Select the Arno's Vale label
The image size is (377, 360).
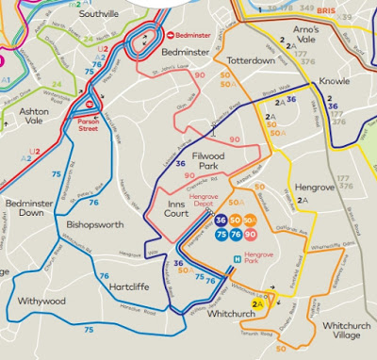click(305, 35)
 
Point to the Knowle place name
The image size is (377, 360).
click(336, 81)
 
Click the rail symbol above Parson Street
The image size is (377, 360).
click(88, 105)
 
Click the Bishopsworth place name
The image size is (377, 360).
click(95, 224)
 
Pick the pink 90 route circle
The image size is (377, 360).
click(249, 234)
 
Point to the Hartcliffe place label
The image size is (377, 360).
click(127, 285)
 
